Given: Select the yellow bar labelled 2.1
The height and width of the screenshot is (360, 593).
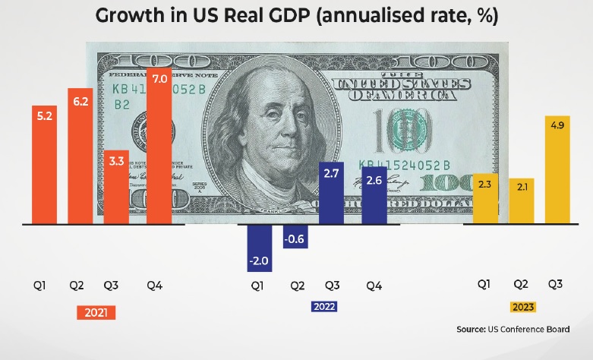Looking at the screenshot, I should [x=521, y=201].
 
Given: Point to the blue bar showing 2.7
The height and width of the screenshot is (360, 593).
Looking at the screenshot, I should [x=333, y=194].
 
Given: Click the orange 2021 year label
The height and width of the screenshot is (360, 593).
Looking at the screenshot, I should [x=96, y=312].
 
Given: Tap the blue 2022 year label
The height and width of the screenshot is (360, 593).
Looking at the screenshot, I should [x=324, y=307].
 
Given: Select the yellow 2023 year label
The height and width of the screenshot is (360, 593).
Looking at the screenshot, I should [x=522, y=307].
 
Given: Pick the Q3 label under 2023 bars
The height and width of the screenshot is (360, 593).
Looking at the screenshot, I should [x=555, y=284].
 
